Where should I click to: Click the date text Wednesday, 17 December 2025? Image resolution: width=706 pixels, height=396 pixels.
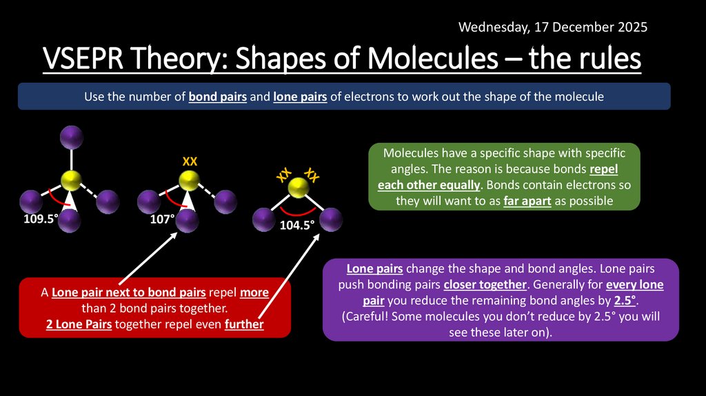point(553,28)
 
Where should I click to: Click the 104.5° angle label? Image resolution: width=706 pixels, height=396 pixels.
point(297,225)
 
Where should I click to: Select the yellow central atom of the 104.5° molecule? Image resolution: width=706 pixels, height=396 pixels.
point(298,187)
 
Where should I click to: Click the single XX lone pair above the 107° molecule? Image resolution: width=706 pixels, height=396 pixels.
point(190,161)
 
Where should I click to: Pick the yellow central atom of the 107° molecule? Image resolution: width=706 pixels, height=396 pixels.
point(188,181)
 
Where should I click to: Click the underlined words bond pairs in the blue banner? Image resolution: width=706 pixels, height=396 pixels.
point(217,97)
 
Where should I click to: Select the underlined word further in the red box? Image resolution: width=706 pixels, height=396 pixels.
point(244,324)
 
